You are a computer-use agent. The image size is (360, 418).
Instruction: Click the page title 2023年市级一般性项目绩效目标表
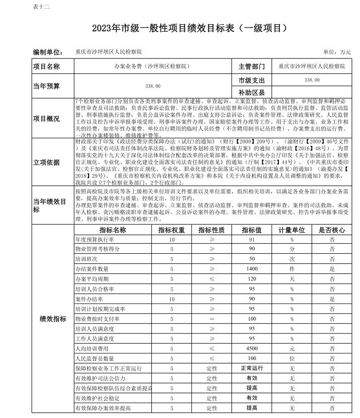point(190,28)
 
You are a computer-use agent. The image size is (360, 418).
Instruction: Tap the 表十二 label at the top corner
point(41,7)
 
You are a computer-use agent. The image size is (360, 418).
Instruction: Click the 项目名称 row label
point(46,66)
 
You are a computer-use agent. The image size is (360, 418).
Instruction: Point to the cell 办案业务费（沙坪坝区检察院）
point(152,66)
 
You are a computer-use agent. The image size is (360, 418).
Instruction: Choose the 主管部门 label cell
point(251,66)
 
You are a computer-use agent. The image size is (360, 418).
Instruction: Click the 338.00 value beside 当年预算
point(152,86)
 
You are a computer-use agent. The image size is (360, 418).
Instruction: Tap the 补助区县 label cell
point(251,92)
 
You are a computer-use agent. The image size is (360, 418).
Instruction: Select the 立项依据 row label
point(46,162)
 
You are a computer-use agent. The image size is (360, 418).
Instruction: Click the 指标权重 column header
point(171,230)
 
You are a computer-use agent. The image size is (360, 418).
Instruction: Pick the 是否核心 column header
point(332,230)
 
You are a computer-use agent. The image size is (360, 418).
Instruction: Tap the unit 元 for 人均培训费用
point(292,349)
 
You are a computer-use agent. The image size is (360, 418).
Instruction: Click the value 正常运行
point(252,368)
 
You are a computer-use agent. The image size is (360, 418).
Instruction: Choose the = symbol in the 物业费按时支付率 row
point(212,319)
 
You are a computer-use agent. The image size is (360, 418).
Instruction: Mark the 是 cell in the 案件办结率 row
point(332,299)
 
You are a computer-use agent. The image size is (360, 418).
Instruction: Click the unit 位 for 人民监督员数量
point(292,359)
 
